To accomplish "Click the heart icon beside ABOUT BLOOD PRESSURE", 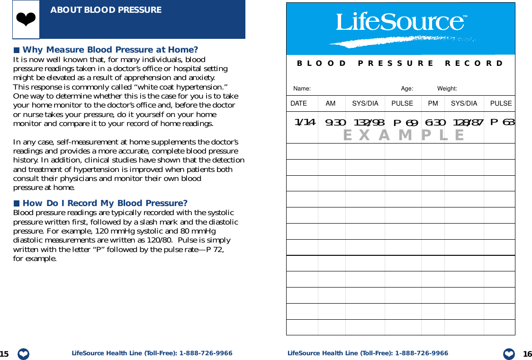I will tap(26, 19).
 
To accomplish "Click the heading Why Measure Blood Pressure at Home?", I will tap(110, 50).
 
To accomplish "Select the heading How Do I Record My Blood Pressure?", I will tap(105, 203).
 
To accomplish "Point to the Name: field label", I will tap(302, 89).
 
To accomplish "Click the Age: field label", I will tap(407, 89).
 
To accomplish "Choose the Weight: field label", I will tap(447, 89).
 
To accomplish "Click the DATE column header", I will tap(298, 103).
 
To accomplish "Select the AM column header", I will tap(331, 103).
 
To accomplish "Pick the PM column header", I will tap(433, 103).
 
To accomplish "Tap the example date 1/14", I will tap(305, 122).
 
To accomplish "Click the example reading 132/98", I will tap(369, 123).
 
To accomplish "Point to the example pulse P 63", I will tap(502, 122).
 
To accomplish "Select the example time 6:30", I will tap(435, 123).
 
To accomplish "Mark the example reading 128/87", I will tap(468, 123).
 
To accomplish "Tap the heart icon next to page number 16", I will tap(509, 354).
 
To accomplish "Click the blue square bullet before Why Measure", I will tap(17, 50).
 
